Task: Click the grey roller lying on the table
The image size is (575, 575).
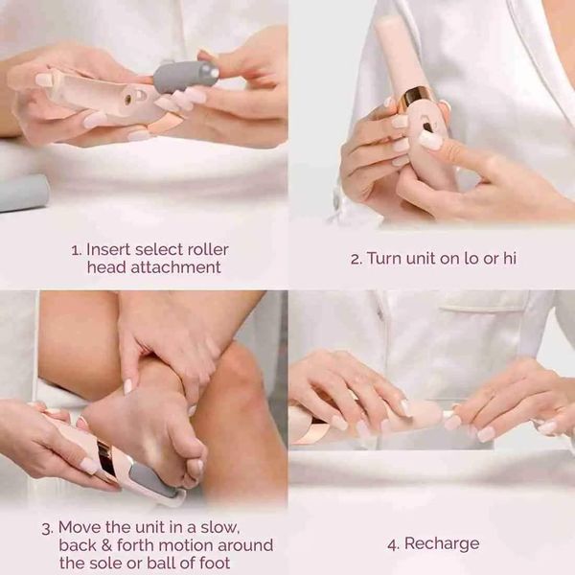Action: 25,193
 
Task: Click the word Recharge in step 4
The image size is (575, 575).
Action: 441,543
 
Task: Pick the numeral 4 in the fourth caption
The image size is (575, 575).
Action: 392,543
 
